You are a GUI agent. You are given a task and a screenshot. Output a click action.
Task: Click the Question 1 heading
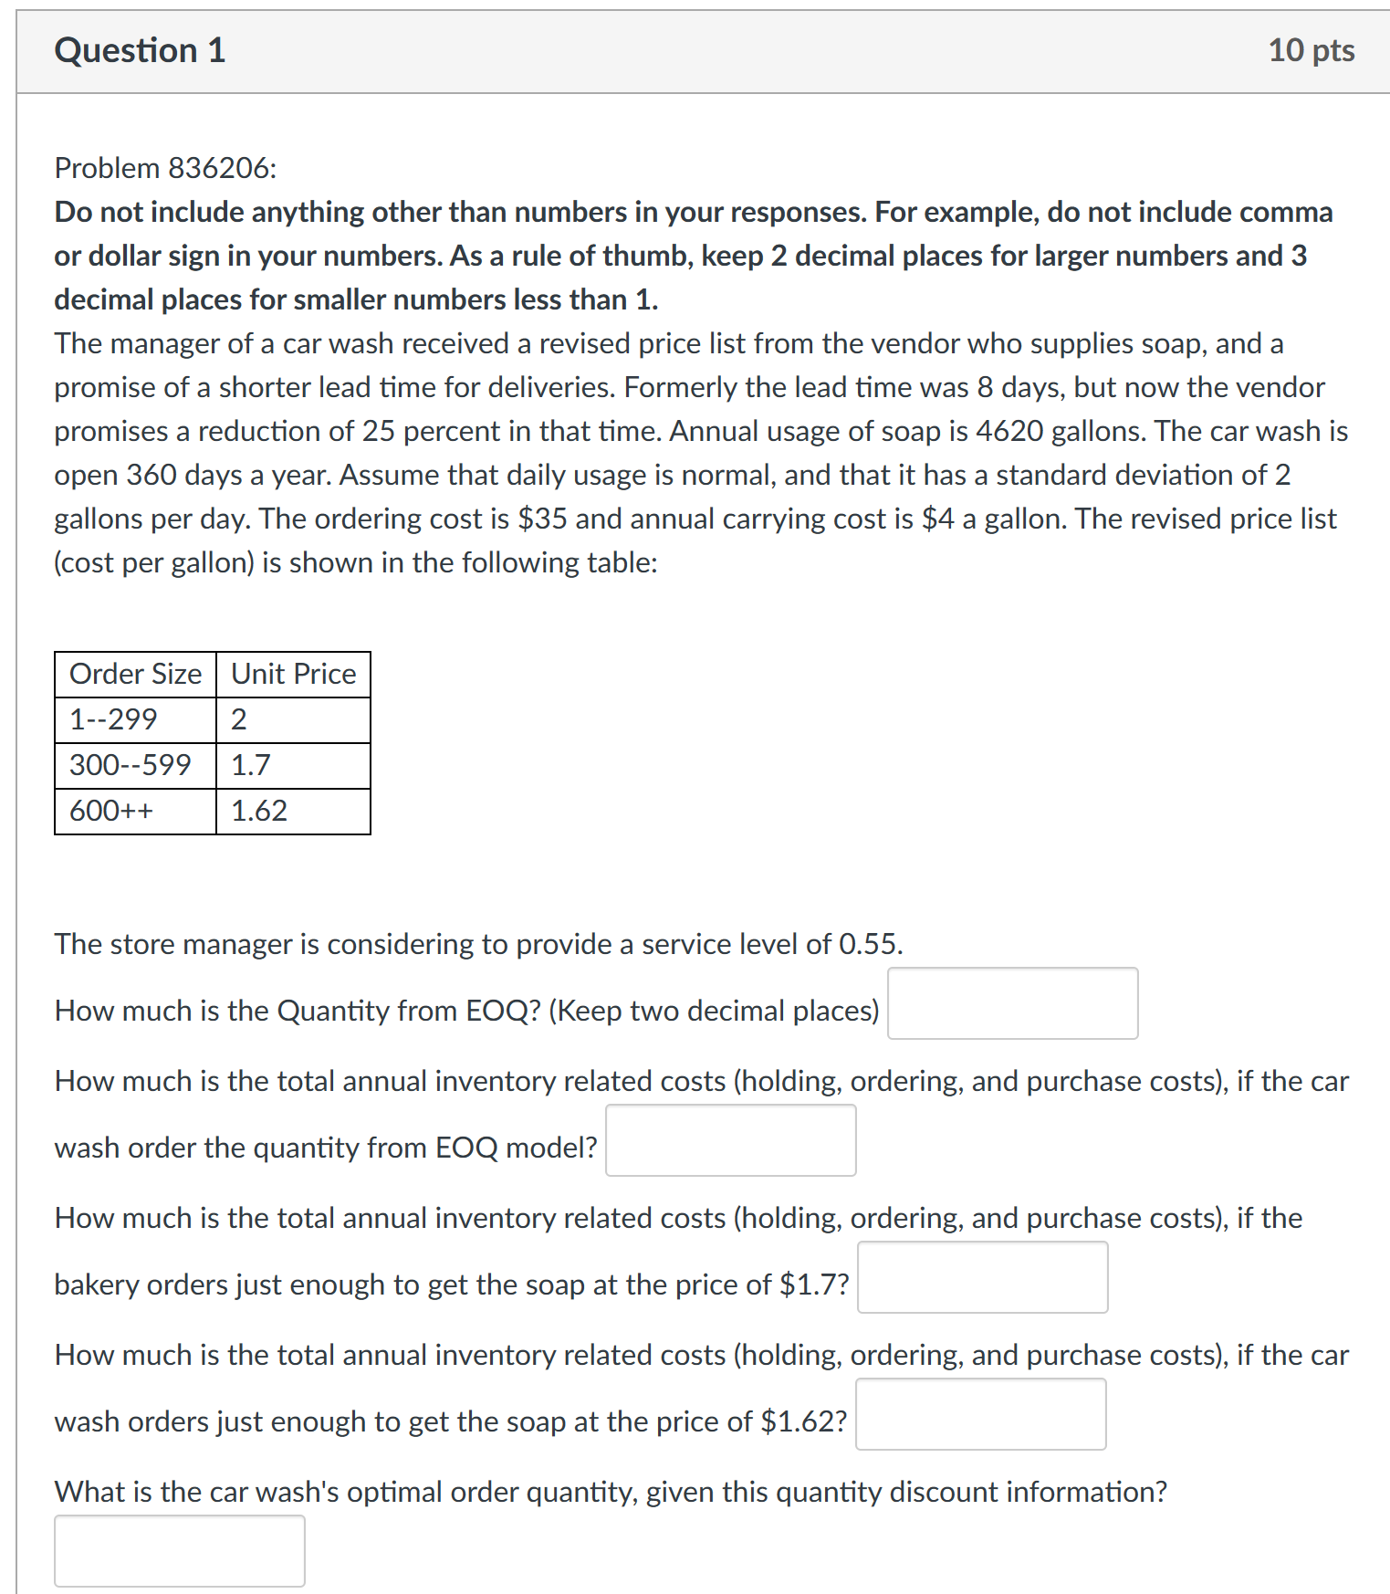pos(140,50)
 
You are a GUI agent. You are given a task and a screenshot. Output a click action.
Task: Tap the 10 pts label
pos(1311,50)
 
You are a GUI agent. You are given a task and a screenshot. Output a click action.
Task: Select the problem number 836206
pos(219,168)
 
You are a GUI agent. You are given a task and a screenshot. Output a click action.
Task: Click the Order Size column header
pos(135,674)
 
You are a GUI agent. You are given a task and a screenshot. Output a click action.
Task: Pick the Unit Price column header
pos(293,674)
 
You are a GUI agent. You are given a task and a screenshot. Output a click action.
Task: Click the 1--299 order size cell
pos(113,719)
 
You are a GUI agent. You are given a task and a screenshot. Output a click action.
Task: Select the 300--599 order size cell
pos(131,765)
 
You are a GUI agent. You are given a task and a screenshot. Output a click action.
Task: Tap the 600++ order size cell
pos(111,811)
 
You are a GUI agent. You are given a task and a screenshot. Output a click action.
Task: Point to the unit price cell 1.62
pos(259,811)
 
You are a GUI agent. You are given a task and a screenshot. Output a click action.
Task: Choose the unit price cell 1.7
pos(251,765)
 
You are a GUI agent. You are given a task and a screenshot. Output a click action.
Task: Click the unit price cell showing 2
pos(239,719)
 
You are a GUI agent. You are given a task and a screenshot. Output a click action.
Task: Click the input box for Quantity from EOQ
pos(1012,1003)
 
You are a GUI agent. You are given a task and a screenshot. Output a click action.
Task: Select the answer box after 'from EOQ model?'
pos(730,1140)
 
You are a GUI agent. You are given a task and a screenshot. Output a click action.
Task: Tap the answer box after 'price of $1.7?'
pos(982,1277)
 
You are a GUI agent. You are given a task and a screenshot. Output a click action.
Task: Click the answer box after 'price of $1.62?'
pos(980,1414)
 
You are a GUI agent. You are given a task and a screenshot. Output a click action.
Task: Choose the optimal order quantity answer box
pos(180,1551)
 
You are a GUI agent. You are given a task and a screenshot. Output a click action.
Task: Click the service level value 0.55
pos(869,944)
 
